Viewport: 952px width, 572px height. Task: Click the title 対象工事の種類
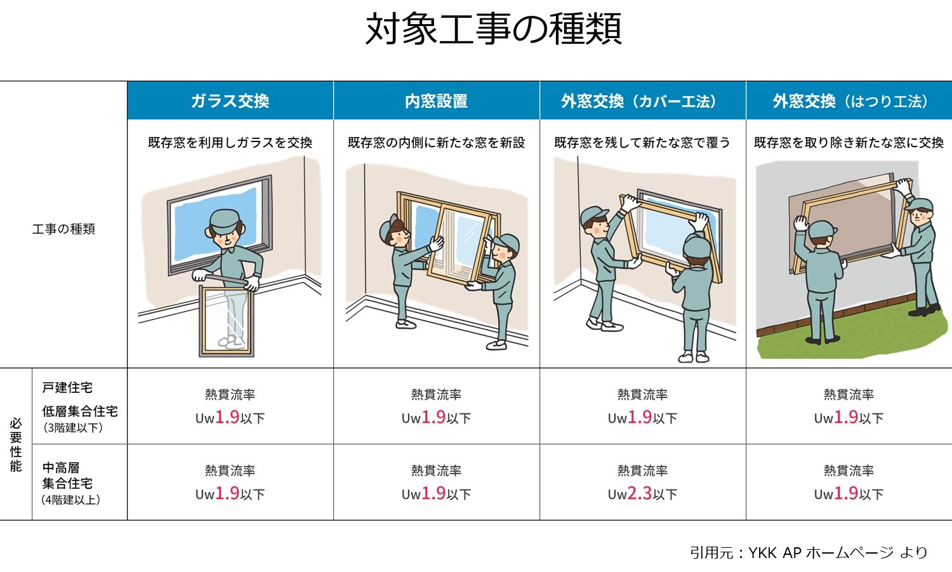click(x=493, y=29)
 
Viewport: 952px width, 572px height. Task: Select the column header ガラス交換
click(x=230, y=101)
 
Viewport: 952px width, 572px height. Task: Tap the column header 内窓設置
click(x=436, y=101)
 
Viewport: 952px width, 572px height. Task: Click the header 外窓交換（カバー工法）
click(x=642, y=101)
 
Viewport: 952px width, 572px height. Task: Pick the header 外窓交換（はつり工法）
click(x=849, y=101)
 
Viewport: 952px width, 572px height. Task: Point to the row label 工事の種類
click(x=63, y=229)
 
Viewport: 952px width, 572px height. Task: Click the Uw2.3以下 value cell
click(x=642, y=493)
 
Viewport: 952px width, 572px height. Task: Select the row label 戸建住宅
click(x=67, y=387)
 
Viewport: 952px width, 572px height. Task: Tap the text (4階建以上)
click(x=71, y=499)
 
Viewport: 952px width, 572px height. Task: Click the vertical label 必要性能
click(x=16, y=444)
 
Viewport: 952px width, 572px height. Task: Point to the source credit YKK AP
click(x=774, y=552)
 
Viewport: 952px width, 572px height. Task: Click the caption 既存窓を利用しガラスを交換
click(x=230, y=142)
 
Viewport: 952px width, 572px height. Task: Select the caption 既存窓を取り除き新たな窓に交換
click(x=849, y=142)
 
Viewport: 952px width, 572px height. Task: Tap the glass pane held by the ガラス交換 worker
click(x=227, y=321)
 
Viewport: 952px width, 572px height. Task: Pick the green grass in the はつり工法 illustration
click(x=850, y=336)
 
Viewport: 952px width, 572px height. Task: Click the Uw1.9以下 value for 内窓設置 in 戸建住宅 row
click(x=436, y=417)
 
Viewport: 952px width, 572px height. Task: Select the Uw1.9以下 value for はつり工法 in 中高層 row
click(x=849, y=493)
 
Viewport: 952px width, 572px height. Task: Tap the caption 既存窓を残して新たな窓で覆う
click(x=642, y=142)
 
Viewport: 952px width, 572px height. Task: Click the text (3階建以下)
click(x=72, y=427)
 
